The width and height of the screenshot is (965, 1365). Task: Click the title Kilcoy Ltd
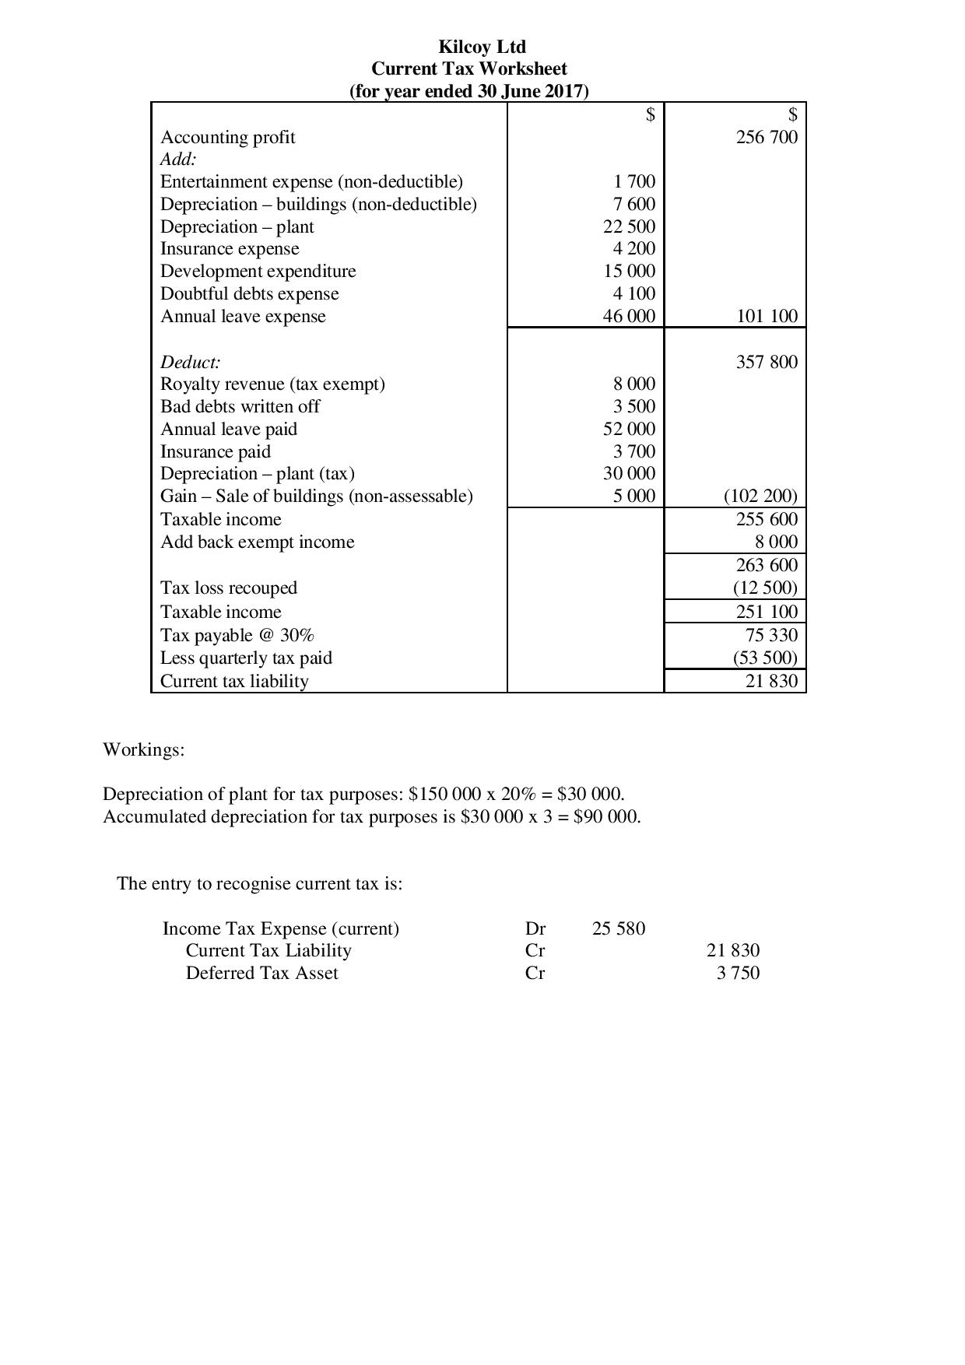point(482,47)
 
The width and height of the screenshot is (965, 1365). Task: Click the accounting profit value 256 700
point(767,138)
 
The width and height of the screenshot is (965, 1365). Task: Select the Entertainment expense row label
point(311,182)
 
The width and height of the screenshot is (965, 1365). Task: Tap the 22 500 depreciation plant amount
point(629,226)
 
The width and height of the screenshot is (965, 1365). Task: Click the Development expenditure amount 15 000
point(629,272)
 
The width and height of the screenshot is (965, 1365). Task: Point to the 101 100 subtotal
point(767,317)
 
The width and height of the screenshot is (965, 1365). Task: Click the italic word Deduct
point(190,363)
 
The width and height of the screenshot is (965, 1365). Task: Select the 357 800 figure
point(767,362)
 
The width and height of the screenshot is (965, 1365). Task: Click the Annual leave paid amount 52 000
point(629,430)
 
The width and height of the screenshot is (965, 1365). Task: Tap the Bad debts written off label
point(240,407)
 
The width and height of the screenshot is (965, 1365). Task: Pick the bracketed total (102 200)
point(760,497)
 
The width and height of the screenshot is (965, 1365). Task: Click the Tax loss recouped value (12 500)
point(765,588)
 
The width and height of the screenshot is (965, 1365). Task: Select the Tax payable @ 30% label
point(237,636)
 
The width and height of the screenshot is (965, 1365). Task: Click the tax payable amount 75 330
point(771,635)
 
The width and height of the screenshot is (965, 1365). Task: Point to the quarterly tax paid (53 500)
point(765,658)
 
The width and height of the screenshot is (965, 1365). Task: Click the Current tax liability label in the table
point(234,682)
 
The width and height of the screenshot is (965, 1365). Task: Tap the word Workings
point(143,750)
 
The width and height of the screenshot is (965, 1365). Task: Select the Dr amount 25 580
point(618,929)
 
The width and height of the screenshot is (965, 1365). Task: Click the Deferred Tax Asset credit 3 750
point(738,974)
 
